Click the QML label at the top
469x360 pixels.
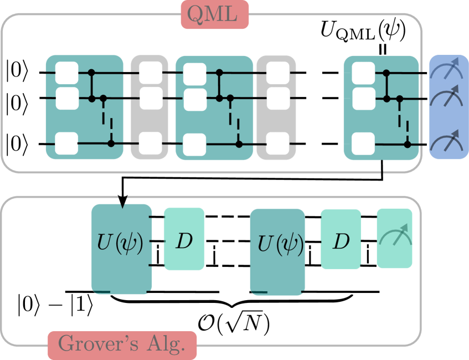pos(215,15)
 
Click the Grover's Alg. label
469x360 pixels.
pos(122,344)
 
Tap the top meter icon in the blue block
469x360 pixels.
pos(447,72)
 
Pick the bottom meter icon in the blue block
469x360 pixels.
pos(447,142)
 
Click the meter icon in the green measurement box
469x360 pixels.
pos(394,238)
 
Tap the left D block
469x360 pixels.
pos(184,240)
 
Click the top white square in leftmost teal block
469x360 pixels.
pos(67,73)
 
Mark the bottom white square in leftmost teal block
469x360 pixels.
pos(67,143)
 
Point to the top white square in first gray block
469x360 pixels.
pos(150,73)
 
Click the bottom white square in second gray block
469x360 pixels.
pos(277,143)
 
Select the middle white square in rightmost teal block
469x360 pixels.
pos(363,99)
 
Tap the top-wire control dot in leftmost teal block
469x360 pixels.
pos(92,73)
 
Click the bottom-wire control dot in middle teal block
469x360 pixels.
pos(239,144)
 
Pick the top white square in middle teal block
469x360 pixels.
pos(194,73)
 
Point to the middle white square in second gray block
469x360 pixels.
pos(277,98)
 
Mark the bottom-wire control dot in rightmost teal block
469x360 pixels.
pos(408,144)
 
